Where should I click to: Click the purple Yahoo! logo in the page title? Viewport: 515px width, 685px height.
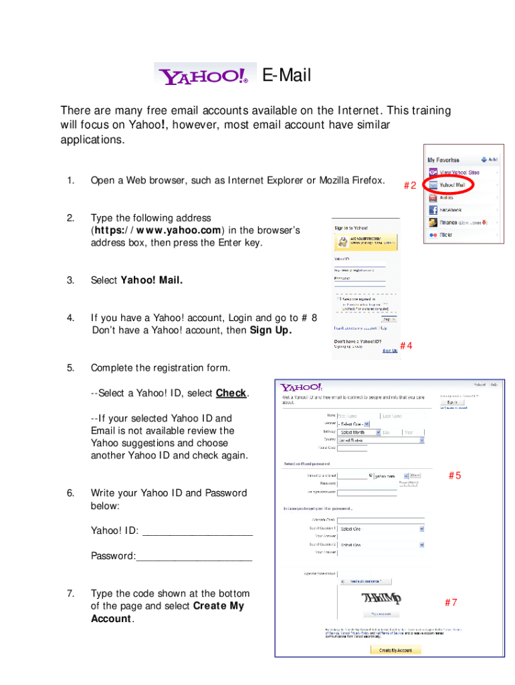click(x=205, y=75)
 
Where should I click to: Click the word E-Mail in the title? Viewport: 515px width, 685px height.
click(x=286, y=76)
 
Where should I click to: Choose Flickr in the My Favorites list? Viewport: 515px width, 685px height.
click(x=446, y=235)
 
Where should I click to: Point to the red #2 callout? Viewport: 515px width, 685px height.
click(x=410, y=186)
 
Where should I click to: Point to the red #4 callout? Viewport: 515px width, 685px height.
click(x=405, y=345)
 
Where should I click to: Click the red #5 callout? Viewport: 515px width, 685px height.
click(x=455, y=476)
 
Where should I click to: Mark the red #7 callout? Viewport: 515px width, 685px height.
click(x=451, y=602)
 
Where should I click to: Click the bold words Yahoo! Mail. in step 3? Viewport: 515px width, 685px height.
click(x=151, y=280)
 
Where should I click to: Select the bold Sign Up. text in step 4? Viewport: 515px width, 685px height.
click(x=270, y=330)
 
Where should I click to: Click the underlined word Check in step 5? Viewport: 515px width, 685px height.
click(x=231, y=393)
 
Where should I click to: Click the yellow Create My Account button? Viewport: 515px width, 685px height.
click(x=396, y=650)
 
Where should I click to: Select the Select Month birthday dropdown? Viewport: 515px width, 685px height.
click(x=358, y=432)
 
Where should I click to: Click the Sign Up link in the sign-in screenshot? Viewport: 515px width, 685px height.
click(x=389, y=350)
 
